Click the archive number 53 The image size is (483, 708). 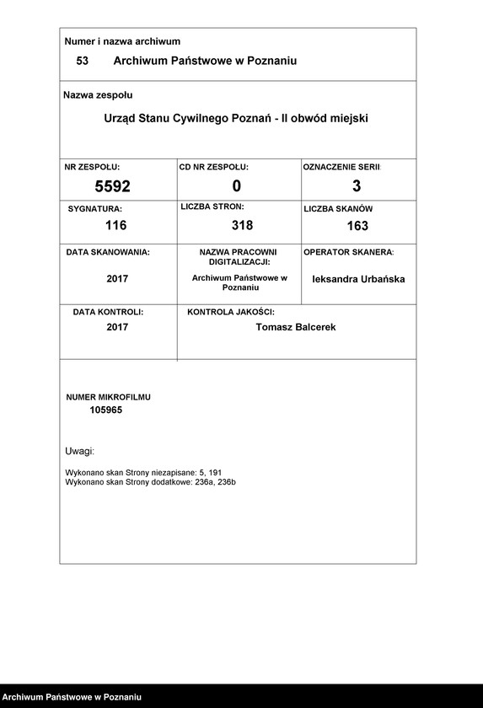(x=82, y=62)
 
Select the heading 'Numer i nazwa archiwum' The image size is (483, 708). (x=122, y=41)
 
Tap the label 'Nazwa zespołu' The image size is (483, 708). (x=98, y=95)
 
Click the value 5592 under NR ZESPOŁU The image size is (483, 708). (x=112, y=186)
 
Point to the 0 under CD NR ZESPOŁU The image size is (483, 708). (x=237, y=186)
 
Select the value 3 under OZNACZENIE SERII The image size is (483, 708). (x=357, y=186)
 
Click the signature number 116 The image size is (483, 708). (x=115, y=225)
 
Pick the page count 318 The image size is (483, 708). (x=242, y=225)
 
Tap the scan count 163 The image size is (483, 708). (x=357, y=226)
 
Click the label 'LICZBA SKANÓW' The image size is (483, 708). (x=338, y=208)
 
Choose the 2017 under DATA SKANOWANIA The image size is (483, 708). (x=117, y=279)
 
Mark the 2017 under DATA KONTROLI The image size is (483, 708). (x=117, y=327)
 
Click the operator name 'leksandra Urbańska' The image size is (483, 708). (x=358, y=279)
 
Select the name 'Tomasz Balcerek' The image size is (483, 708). (x=295, y=327)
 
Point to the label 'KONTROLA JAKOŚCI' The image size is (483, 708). (x=231, y=312)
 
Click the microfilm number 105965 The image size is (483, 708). (x=106, y=410)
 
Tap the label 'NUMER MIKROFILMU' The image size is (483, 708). (x=109, y=396)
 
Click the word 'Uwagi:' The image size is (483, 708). (x=79, y=452)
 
